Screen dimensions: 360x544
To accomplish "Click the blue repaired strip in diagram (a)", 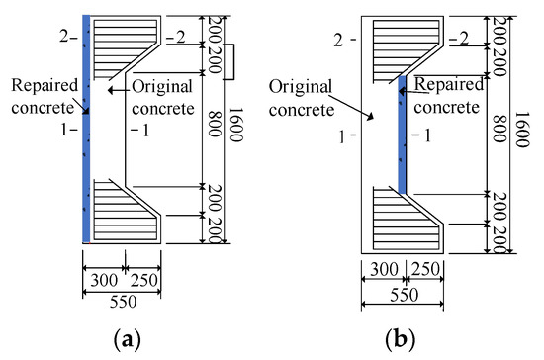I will (86, 129).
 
